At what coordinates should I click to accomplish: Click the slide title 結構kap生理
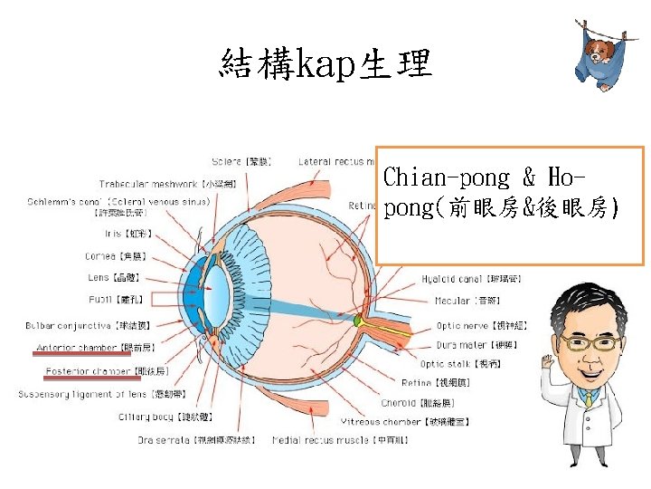(x=325, y=64)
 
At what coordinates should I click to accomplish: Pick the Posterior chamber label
(x=95, y=371)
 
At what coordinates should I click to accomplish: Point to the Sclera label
(x=241, y=161)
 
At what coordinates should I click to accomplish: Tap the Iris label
(x=117, y=233)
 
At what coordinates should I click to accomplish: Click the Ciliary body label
(x=165, y=417)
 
